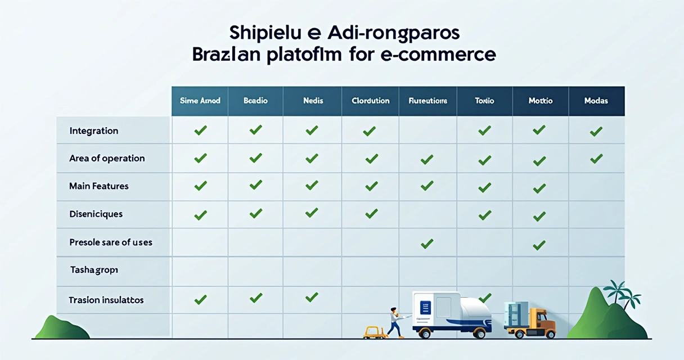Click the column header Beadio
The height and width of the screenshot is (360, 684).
(x=255, y=101)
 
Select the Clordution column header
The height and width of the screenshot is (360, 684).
(x=370, y=101)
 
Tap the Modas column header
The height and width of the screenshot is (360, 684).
(x=596, y=101)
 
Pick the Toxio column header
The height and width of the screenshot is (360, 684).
(x=484, y=101)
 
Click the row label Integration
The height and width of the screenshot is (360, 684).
(x=93, y=130)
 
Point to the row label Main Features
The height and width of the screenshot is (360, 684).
(x=98, y=186)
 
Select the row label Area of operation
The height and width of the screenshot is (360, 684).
(x=107, y=158)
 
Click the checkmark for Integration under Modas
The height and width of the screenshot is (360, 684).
(x=596, y=132)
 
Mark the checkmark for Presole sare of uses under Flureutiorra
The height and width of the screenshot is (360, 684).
(x=427, y=244)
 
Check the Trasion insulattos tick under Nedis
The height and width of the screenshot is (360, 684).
(x=312, y=296)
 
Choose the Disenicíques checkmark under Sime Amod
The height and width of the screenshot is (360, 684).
(x=200, y=214)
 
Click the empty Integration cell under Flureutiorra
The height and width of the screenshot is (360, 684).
(x=427, y=130)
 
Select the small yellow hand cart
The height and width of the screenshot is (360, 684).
(x=373, y=332)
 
